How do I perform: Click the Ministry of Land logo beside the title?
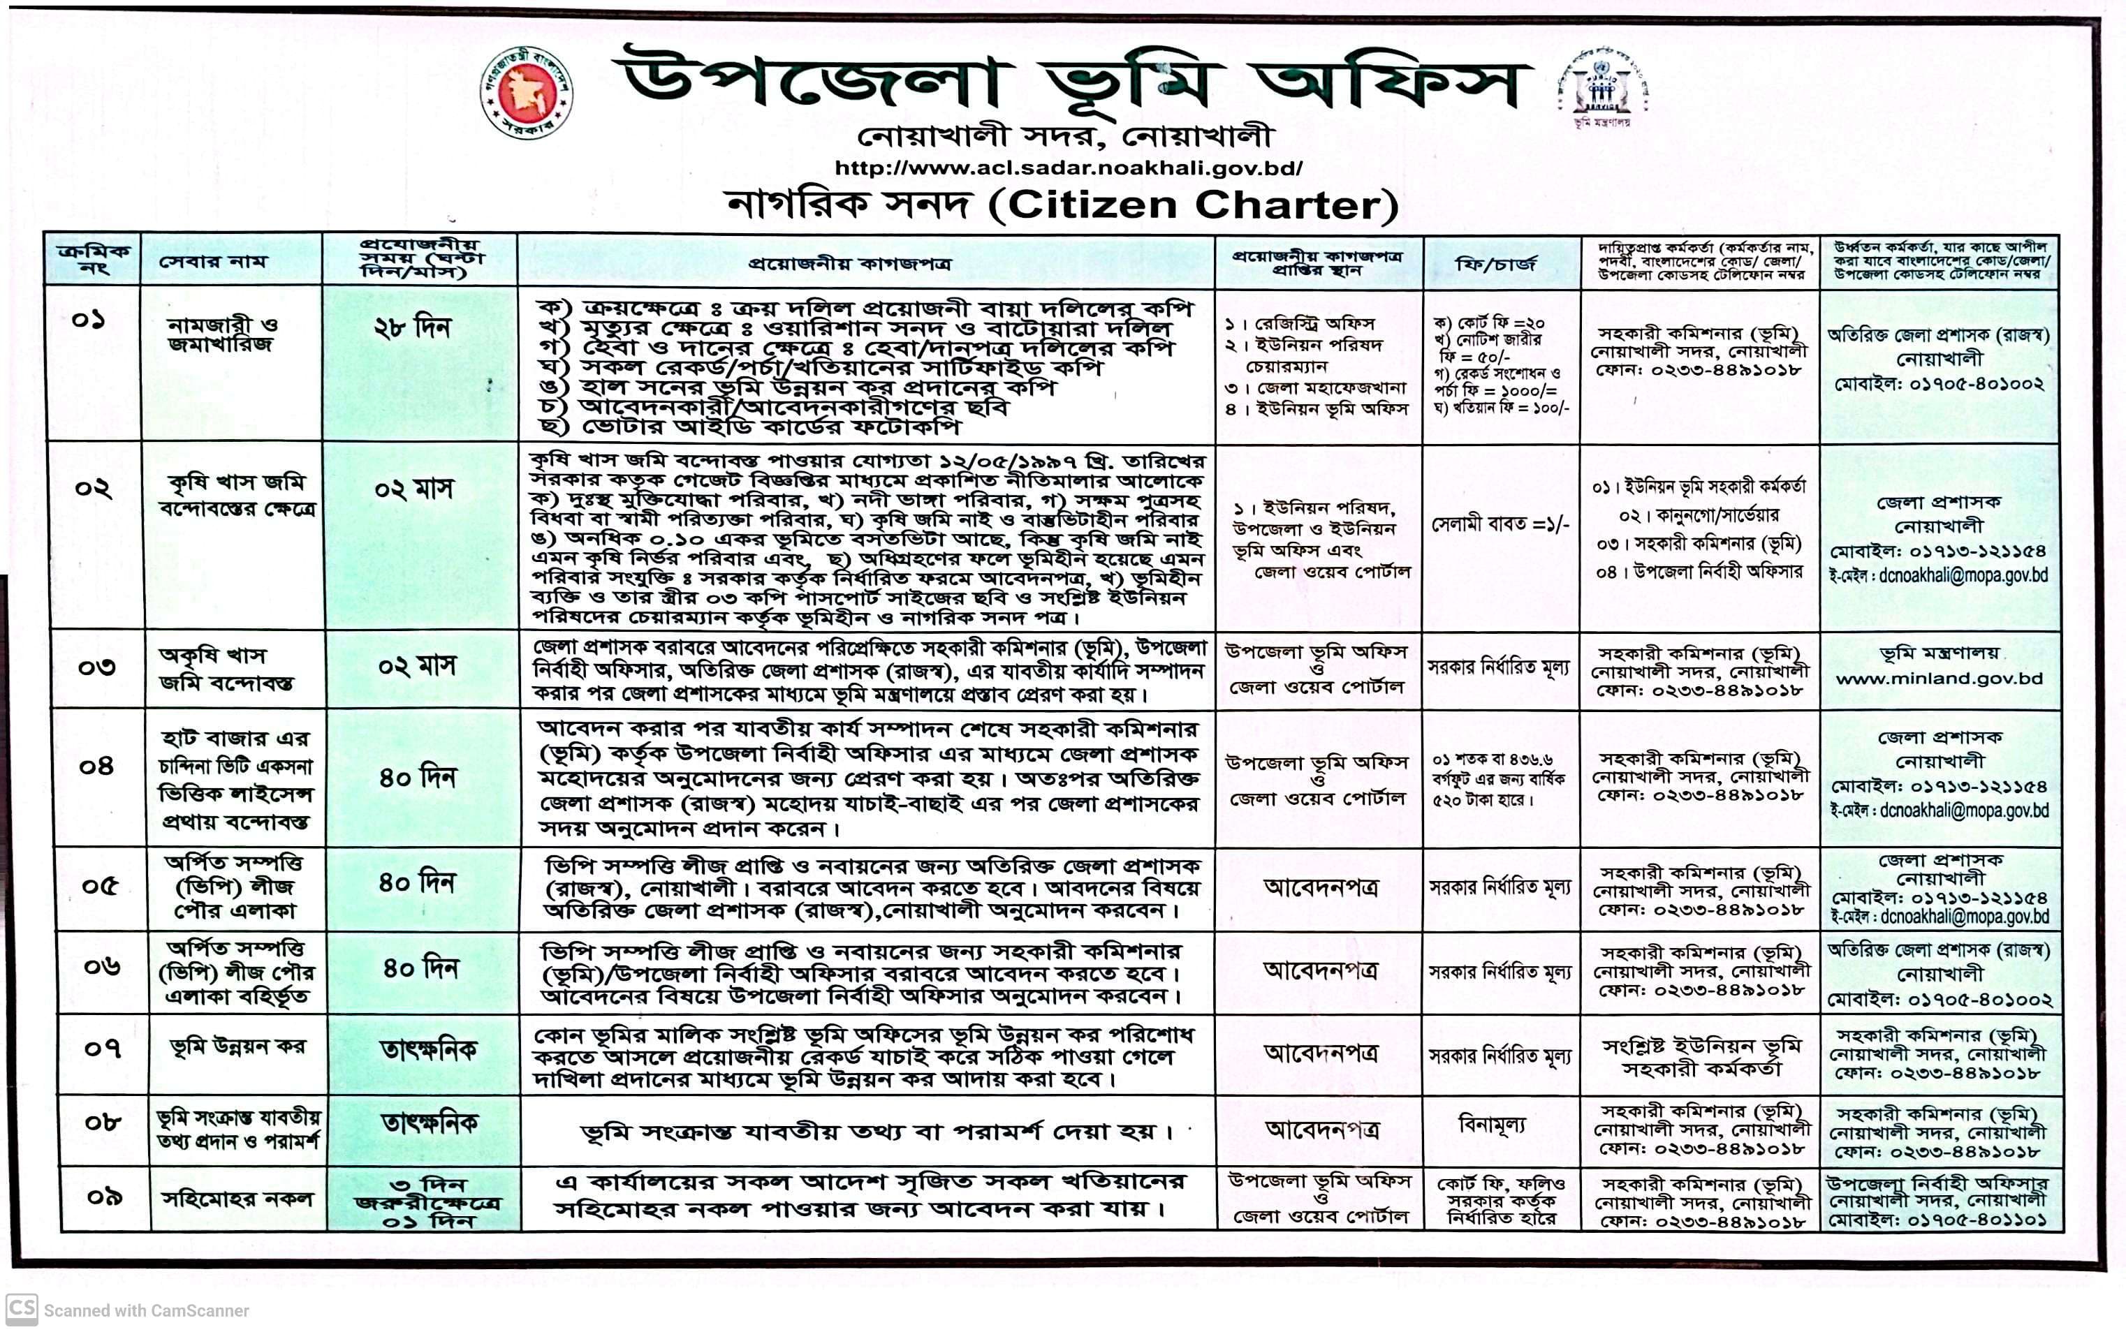coord(1601,89)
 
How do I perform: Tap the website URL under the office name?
coord(1068,168)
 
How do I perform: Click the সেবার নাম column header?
coord(212,262)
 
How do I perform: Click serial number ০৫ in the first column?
coord(100,885)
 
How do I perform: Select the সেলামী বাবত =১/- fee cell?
coord(1500,525)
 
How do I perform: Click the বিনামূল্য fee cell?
coord(1492,1124)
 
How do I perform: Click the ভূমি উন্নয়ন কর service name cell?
coord(238,1046)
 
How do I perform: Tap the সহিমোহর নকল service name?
coord(238,1199)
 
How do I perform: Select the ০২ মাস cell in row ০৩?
coord(417,666)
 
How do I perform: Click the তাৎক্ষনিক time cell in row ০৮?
coord(429,1123)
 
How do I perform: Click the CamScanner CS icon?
coord(21,1309)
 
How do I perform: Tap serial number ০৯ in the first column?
coord(104,1197)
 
